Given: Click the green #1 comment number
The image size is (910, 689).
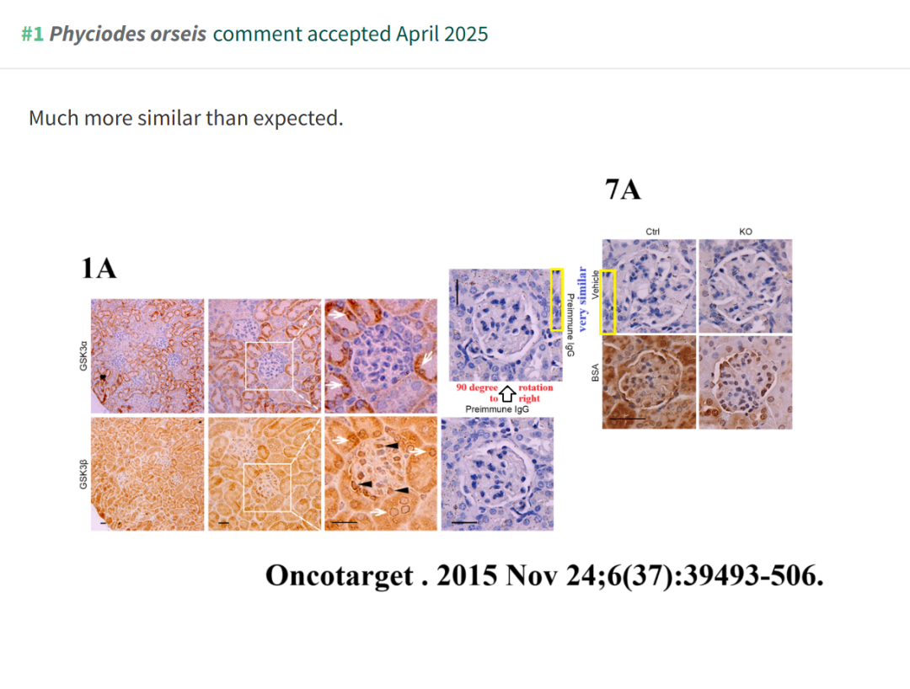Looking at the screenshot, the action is coord(33,35).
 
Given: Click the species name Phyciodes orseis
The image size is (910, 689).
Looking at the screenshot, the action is coord(128,35).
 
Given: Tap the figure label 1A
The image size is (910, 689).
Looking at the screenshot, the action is coord(99,269).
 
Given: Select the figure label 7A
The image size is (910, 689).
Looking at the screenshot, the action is coord(623,190).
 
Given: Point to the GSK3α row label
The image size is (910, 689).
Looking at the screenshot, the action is coord(83,356).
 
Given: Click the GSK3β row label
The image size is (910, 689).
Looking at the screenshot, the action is coord(83,474).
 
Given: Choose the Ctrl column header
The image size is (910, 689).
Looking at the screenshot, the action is coord(652,232).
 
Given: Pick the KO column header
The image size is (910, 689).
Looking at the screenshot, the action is coord(746,232).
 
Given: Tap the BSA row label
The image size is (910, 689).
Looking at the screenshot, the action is coord(595,373).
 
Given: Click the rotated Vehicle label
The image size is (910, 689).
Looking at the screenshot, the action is coord(595,285).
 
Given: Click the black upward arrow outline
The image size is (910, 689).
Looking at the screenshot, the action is coord(508,394).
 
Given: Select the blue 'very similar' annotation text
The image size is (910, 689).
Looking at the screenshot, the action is coord(582,299).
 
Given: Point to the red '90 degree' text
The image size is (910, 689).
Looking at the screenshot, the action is coord(477,387).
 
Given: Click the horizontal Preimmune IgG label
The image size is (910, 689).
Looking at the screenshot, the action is coord(497,409).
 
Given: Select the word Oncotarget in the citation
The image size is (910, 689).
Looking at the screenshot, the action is coord(340,576).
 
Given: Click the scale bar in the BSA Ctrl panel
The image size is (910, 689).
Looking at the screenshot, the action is coord(627,419).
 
